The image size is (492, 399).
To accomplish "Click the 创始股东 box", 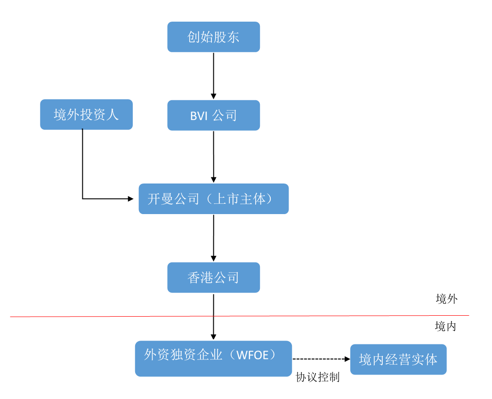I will tap(213, 37).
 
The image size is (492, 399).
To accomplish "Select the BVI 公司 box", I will tap(213, 115).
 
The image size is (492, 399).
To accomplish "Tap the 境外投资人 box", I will tap(86, 114).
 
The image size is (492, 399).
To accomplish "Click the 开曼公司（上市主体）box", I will tap(213, 199).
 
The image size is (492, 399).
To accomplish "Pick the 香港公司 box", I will tap(213, 278).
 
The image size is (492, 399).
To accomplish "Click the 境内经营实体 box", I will tap(398, 359).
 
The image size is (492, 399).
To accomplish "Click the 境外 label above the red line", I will tap(446, 299).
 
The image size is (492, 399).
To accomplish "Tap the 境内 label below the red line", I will tap(445, 326).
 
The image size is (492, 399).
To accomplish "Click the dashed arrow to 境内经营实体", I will tap(320, 359).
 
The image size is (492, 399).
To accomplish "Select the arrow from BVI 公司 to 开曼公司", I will tap(214, 155).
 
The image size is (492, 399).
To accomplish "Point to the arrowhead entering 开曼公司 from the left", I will tap(131, 199).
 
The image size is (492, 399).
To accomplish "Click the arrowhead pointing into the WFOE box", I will tap(214, 337).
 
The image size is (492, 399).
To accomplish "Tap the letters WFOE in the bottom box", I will tap(255, 355).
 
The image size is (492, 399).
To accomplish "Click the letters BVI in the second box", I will tap(199, 116).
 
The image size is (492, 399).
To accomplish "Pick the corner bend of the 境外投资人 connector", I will tap(83, 199).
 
